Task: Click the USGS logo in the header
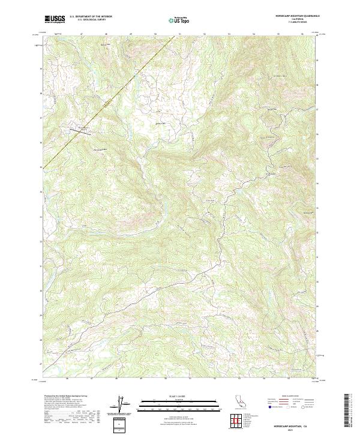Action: coord(55,19)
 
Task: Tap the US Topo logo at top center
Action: coord(180,20)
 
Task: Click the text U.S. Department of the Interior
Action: coord(91,17)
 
